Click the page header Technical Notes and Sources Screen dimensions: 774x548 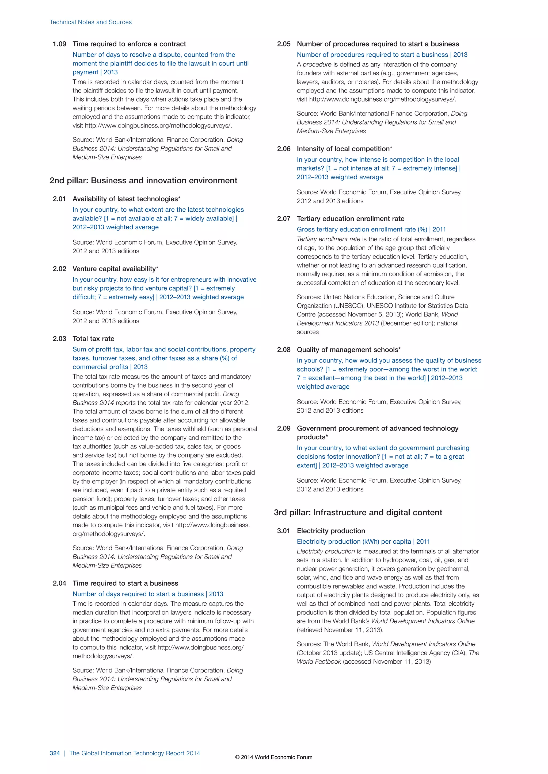[90, 22]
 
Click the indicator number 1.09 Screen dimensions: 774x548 [59, 44]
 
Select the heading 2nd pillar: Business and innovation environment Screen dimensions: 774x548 [143, 181]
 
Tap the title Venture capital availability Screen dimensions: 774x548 [115, 269]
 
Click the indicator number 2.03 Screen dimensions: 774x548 [59, 339]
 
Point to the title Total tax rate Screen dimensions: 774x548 [93, 339]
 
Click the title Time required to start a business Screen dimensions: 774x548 [125, 583]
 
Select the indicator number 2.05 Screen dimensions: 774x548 [283, 44]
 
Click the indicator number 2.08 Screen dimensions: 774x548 [283, 350]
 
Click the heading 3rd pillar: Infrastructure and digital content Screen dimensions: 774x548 [358, 513]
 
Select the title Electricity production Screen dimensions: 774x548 [331, 531]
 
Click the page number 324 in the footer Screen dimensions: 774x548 [55, 753]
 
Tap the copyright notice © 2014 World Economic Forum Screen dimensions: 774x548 [274, 757]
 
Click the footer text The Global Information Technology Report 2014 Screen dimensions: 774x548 [135, 753]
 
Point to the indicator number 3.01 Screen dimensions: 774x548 [283, 531]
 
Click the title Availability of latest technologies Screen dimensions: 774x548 [127, 199]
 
